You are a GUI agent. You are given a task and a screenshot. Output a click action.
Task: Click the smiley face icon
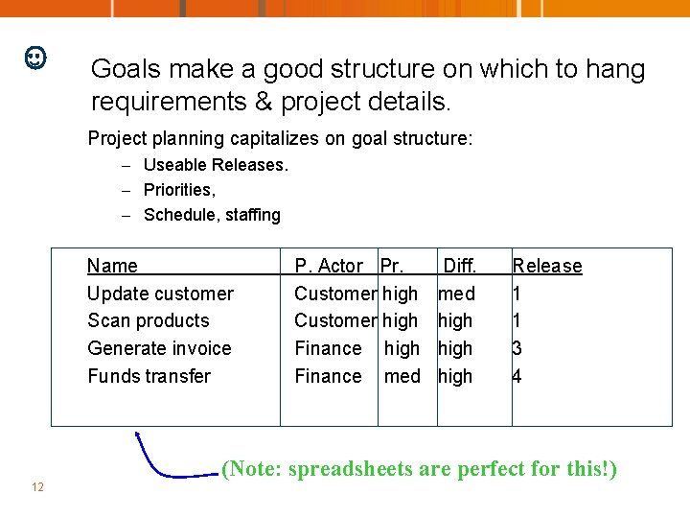point(34,59)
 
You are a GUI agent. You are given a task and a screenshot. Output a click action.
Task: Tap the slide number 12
point(37,487)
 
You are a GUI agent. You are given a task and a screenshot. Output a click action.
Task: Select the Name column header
point(112,266)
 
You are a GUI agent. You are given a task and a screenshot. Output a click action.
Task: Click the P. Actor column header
point(329,266)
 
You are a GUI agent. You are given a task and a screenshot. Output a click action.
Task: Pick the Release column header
point(547,266)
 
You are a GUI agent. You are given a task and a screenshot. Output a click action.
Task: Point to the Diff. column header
point(459,266)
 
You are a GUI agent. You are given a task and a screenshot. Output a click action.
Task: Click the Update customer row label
point(160,294)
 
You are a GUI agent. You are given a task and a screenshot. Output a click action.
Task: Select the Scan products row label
point(148,320)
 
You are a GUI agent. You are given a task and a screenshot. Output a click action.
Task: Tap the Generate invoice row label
point(159,348)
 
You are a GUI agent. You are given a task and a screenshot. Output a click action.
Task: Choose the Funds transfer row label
point(149,376)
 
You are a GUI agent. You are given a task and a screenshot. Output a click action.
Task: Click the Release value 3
point(517,348)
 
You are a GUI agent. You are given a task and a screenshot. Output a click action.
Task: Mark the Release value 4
point(517,376)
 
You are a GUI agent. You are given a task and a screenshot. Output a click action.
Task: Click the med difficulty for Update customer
point(456,294)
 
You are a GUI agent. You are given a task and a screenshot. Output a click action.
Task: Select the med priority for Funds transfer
point(402,376)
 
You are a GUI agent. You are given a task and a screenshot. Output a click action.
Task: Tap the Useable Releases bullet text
point(215,165)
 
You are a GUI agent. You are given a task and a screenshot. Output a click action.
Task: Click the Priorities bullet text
point(179,190)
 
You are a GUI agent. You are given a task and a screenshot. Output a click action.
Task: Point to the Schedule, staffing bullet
point(212,215)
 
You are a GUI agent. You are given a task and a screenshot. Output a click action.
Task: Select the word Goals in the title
point(120,69)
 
